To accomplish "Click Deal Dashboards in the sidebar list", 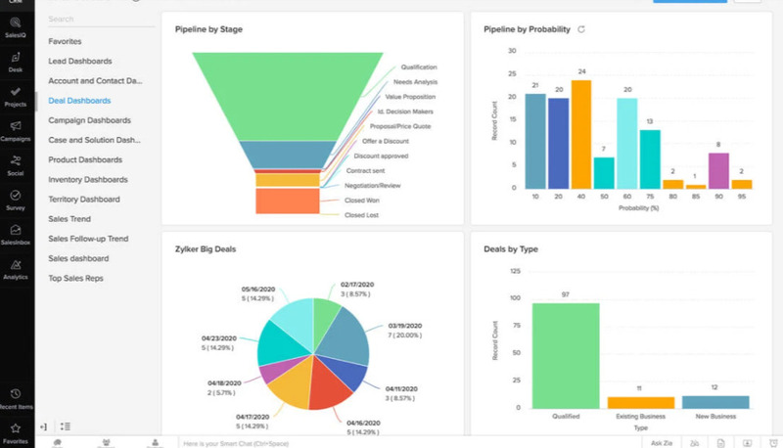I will pyautogui.click(x=79, y=101).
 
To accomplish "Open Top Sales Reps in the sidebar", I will pyautogui.click(x=75, y=279).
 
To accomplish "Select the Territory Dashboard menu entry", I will pyautogui.click(x=83, y=200).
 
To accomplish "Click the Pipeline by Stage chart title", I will pyautogui.click(x=208, y=29).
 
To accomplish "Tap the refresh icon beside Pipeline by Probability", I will pyautogui.click(x=581, y=29).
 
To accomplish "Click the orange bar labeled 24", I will pyautogui.click(x=581, y=134).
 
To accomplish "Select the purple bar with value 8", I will pyautogui.click(x=718, y=170).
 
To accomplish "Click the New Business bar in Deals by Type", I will pyautogui.click(x=714, y=401).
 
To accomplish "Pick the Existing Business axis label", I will pyautogui.click(x=640, y=417).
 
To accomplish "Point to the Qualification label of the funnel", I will pyautogui.click(x=418, y=67).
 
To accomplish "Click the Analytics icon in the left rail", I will pyautogui.click(x=16, y=269).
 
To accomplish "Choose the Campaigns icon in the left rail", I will pyautogui.click(x=16, y=130).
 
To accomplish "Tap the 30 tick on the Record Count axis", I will pyautogui.click(x=513, y=49).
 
